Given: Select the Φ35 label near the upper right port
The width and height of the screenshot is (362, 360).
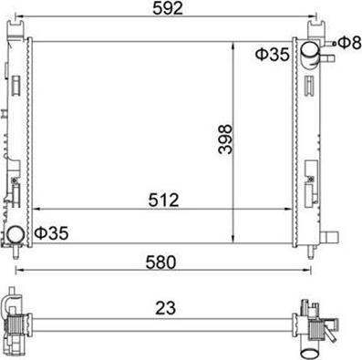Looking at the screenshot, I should [x=272, y=55].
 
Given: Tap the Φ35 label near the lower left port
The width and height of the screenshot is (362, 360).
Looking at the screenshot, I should [x=51, y=234].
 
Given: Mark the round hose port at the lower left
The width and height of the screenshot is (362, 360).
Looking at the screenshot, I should [x=18, y=236].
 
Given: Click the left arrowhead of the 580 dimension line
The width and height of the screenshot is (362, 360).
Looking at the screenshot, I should [x=22, y=271].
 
